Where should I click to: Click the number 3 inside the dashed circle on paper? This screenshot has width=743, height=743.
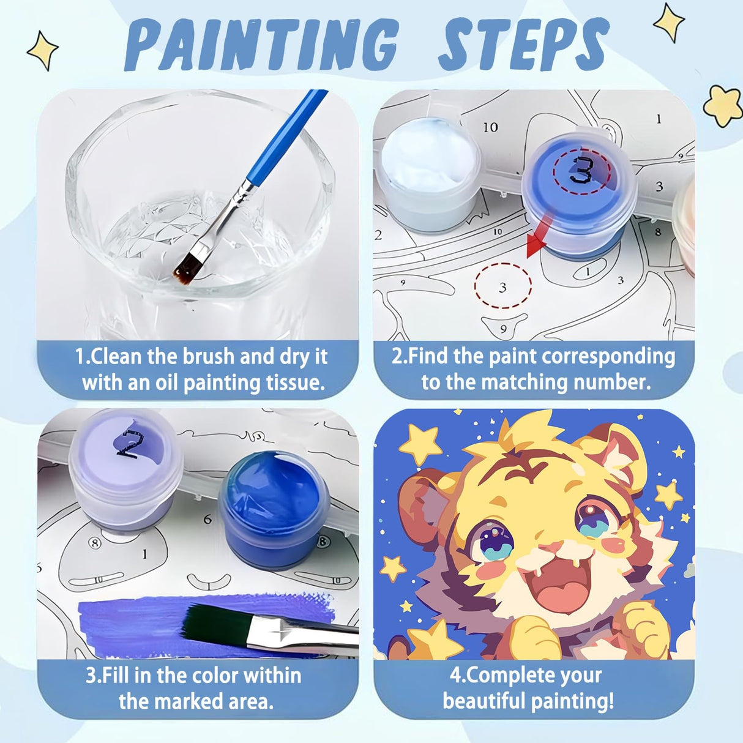point(502,286)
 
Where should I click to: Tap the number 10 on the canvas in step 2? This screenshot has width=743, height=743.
point(490,127)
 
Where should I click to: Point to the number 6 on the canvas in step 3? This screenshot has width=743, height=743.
point(208,520)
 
